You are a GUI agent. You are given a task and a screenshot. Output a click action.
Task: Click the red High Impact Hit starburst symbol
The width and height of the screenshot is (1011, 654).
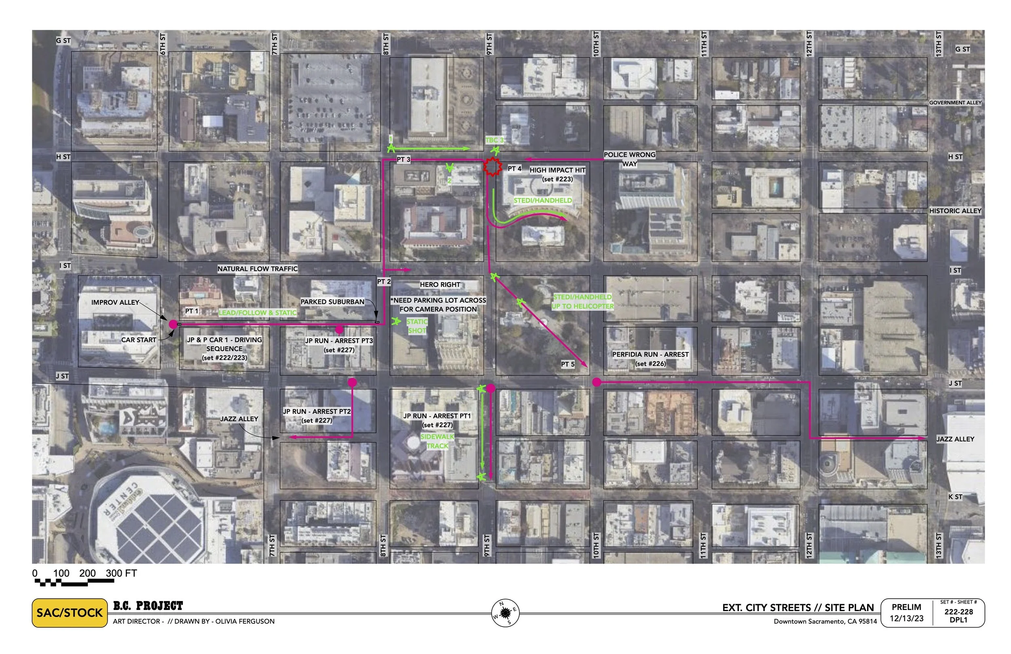coord(492,167)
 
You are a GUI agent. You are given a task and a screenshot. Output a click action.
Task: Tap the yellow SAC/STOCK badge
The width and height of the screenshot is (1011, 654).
coord(70,613)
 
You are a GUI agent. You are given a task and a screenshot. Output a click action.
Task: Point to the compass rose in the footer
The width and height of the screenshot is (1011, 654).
coord(505,613)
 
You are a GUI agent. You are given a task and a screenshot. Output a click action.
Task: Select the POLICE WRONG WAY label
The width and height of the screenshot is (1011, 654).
coord(629,159)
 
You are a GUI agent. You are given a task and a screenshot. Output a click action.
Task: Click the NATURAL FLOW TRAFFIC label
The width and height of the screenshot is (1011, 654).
coord(258,269)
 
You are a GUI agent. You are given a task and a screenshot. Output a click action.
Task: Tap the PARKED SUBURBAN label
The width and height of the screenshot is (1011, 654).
coord(332,302)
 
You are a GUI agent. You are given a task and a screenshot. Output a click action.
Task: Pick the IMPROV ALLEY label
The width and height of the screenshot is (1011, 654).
coord(115,302)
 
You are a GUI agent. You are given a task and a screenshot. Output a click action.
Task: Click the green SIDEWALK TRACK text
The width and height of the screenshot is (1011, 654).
coord(437,441)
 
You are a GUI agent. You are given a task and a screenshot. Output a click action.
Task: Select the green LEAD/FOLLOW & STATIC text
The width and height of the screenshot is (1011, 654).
coord(258,313)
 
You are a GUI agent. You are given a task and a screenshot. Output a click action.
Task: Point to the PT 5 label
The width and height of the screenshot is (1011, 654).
coord(567,364)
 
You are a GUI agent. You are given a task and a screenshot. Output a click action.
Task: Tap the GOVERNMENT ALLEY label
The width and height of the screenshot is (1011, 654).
coord(955,103)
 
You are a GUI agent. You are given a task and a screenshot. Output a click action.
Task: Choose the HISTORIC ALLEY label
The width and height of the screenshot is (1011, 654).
coord(955,211)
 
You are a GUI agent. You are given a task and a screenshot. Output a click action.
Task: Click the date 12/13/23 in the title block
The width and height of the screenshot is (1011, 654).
coord(907,619)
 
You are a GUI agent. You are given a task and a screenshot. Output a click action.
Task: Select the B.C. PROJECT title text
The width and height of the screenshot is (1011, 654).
coord(148,605)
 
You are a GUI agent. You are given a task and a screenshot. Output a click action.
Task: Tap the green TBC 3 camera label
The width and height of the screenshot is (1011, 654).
coord(495,140)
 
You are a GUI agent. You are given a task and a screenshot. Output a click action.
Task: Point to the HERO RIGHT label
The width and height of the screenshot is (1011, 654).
coord(440,285)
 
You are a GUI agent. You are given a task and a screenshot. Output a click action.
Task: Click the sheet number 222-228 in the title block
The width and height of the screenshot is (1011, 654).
coord(958,612)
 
